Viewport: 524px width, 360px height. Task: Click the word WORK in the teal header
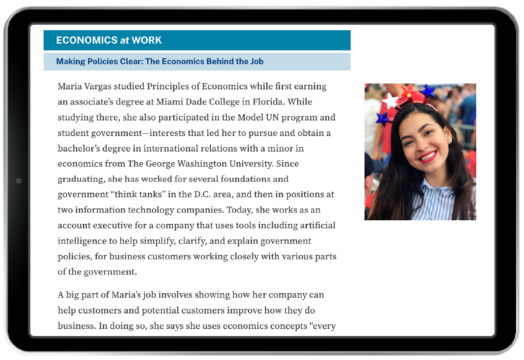pyautogui.click(x=147, y=40)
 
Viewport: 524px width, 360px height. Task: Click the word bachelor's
pyautogui.click(x=78, y=149)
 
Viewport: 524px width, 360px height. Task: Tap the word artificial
pyautogui.click(x=318, y=225)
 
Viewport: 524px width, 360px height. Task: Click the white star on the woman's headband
pyautogui.click(x=390, y=101)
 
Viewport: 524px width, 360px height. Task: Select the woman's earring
pyautogui.click(x=449, y=141)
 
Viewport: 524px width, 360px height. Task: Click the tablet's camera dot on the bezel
pyautogui.click(x=18, y=181)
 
